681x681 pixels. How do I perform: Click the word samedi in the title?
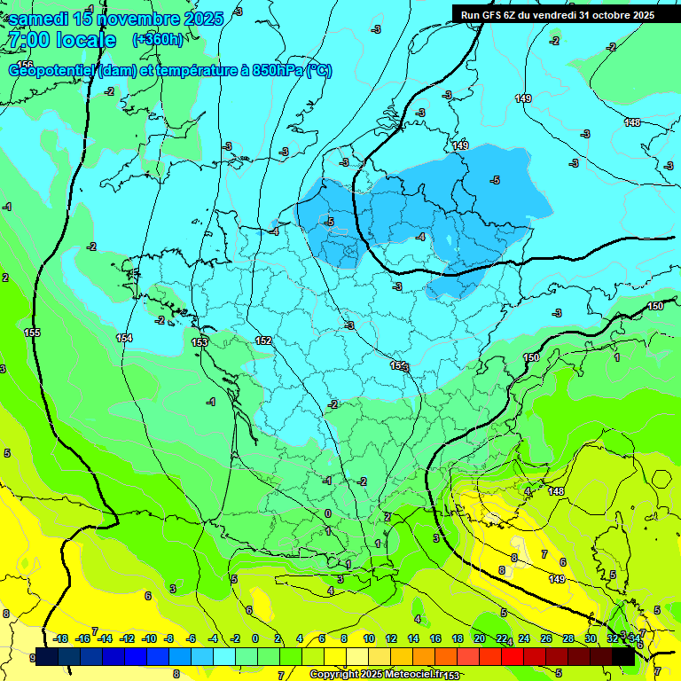[39, 18]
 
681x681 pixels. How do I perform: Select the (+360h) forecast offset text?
[158, 40]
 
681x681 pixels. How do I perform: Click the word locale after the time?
[85, 40]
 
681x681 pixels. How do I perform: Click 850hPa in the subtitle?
[278, 71]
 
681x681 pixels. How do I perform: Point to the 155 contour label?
[33, 333]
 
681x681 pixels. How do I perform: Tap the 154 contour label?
[124, 338]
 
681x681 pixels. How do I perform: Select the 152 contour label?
[263, 340]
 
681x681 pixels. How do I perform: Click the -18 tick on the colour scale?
[60, 638]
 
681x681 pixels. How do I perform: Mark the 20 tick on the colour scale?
[479, 638]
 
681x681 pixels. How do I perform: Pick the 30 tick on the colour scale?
[591, 638]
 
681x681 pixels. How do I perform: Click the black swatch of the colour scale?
[623, 657]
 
